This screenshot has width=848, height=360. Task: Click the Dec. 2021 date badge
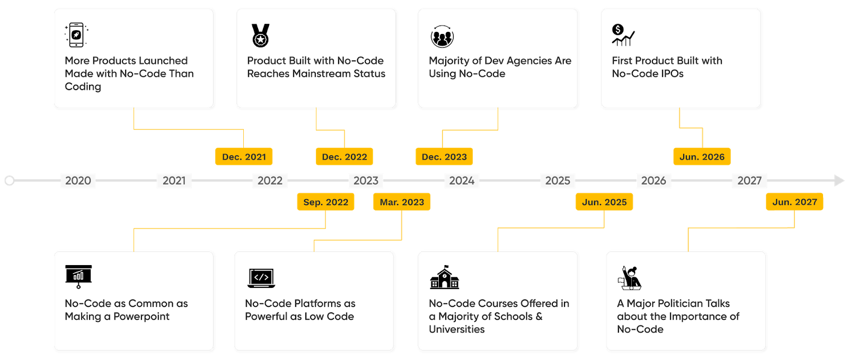[x=244, y=156]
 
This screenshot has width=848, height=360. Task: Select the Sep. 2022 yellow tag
[x=325, y=202]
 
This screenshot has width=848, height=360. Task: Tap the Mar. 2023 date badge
[x=402, y=202]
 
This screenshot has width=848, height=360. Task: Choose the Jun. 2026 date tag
[x=702, y=156]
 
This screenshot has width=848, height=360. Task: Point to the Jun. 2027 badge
[x=794, y=202]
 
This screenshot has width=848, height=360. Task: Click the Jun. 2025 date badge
[x=604, y=202]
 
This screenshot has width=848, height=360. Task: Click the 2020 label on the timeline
[x=78, y=181]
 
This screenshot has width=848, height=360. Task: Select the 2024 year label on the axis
[x=462, y=181]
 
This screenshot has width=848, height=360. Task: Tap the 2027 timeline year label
[x=749, y=181]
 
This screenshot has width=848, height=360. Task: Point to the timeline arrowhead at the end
[x=839, y=181]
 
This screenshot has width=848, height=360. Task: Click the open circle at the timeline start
[x=10, y=181]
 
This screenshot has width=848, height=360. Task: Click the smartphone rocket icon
[x=76, y=35]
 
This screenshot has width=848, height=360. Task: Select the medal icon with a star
[x=260, y=36]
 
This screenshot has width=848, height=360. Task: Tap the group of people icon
[x=442, y=37]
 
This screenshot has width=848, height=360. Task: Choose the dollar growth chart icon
[x=623, y=35]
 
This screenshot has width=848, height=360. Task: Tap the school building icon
[x=445, y=277]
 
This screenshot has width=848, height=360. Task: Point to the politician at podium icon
[x=630, y=278]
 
